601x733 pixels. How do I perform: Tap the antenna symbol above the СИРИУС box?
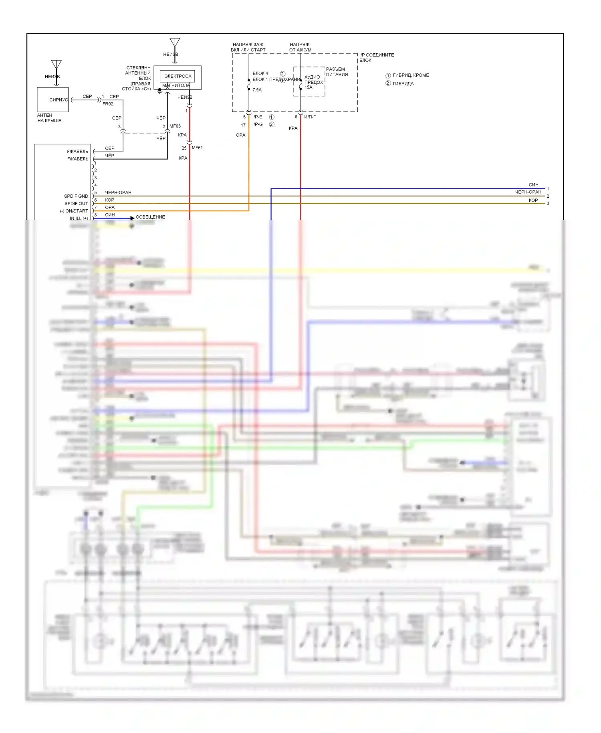point(56,65)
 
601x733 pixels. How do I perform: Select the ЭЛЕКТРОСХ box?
point(177,76)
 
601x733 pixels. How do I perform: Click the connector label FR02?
point(108,104)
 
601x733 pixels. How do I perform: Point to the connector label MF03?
point(175,126)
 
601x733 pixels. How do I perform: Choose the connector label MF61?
point(197,148)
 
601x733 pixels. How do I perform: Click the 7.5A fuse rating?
point(257,90)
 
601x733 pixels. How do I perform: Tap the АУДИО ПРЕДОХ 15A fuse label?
point(313,82)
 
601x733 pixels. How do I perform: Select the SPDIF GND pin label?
point(76,196)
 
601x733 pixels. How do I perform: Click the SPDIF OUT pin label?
point(76,203)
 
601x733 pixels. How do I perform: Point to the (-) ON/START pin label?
point(74,211)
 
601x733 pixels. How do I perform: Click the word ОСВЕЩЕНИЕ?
point(150,217)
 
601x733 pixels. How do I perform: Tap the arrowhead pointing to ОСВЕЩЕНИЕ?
point(132,218)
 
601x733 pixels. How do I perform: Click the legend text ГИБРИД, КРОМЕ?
point(411,75)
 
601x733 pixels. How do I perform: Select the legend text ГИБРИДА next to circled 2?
point(403,83)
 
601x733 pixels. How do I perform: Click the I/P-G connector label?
point(258,124)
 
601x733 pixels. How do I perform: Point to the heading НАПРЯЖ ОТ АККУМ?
point(300,47)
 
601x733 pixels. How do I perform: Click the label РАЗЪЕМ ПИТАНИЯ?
point(337,72)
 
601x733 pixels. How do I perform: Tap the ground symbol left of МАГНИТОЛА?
point(159,91)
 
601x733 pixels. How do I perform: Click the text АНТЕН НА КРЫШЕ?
point(49,118)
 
